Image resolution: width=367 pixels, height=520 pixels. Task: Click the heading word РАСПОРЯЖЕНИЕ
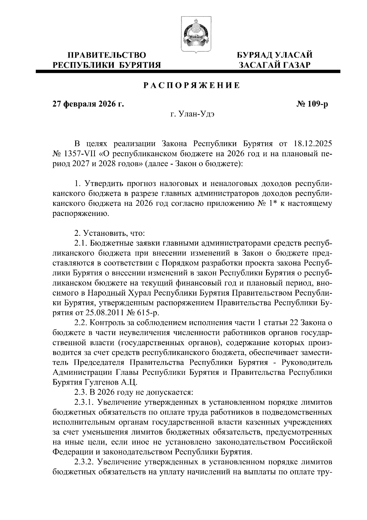click(192, 86)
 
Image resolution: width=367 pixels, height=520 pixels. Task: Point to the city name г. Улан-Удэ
click(192, 115)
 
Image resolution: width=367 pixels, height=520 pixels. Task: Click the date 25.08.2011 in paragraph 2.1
click(109, 313)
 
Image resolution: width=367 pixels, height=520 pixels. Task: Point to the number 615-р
click(148, 313)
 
